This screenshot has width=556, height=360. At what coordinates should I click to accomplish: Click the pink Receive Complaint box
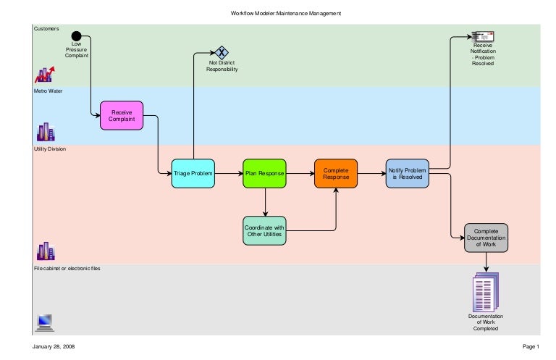(x=121, y=115)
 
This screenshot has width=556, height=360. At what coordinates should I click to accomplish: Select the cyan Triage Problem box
(x=193, y=174)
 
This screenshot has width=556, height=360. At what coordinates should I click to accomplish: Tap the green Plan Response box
(x=265, y=174)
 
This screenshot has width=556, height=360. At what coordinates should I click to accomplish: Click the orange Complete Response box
(x=336, y=174)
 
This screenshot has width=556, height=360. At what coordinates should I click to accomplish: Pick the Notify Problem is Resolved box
(x=408, y=174)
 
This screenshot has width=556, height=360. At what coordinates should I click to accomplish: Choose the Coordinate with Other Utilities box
(x=265, y=230)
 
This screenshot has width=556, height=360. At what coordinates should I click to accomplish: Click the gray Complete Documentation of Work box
(x=486, y=238)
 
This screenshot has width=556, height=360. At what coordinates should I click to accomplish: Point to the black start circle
(x=76, y=36)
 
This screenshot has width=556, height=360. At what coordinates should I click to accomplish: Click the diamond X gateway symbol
(x=222, y=52)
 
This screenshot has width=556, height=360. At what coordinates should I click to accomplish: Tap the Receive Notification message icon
(x=483, y=36)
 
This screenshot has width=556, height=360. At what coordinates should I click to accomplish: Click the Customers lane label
(x=46, y=29)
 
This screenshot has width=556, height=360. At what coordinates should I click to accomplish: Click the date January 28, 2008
(x=53, y=348)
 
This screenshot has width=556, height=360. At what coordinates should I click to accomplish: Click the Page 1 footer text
(x=530, y=348)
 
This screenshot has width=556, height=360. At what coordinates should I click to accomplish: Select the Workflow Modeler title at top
(x=285, y=13)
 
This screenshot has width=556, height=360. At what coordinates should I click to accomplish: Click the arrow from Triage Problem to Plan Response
(x=229, y=174)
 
